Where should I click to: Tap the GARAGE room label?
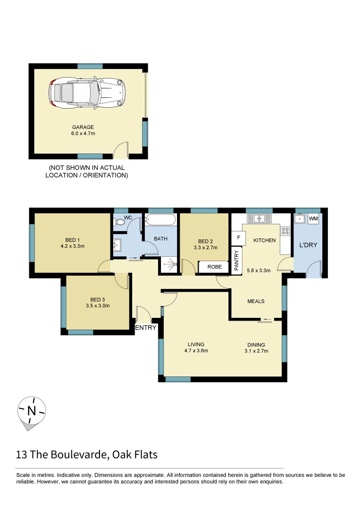83,127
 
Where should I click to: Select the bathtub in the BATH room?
160,220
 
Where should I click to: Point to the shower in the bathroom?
168,266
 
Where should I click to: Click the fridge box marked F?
238,238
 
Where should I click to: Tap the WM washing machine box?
313,219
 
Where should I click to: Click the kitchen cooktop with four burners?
285,231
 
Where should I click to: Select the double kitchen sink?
259,218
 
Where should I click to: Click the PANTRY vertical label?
236,260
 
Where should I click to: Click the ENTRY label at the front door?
145,327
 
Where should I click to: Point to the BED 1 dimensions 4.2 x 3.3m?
72,246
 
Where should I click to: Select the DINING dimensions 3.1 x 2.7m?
256,351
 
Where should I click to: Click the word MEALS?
256,301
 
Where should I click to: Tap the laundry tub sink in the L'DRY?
299,219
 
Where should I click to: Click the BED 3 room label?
98,299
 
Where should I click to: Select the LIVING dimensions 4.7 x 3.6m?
196,350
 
